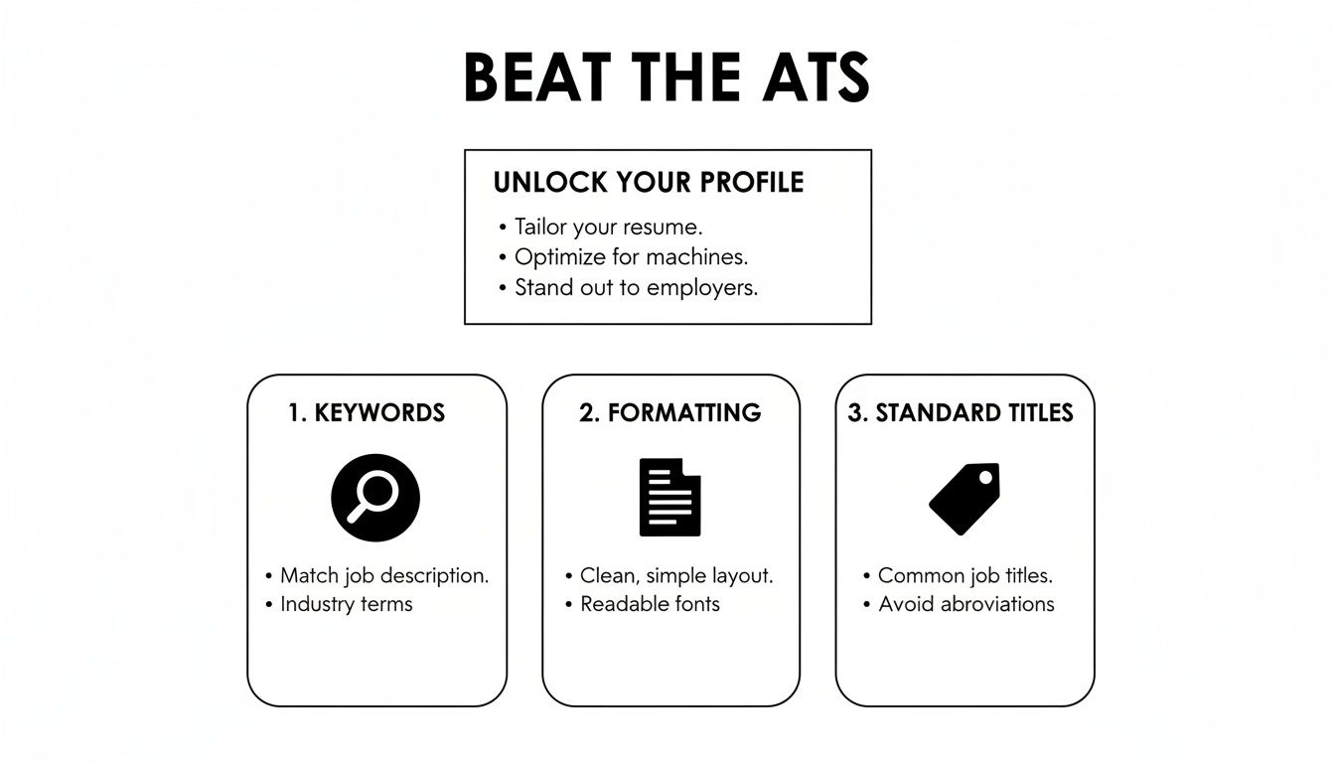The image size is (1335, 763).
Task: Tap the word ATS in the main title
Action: (809, 77)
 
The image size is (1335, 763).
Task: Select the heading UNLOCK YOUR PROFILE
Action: (649, 183)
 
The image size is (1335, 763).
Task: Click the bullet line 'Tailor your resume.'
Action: (608, 227)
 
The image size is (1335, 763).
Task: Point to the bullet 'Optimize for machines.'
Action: (631, 257)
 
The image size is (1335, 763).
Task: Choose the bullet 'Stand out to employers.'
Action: (636, 288)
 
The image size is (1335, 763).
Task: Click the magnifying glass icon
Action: (375, 497)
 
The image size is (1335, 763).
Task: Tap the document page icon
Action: (669, 497)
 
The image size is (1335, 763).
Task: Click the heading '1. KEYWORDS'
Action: (367, 412)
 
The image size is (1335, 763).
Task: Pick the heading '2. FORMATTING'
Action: (670, 412)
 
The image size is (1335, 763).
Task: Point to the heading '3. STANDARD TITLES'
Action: (961, 412)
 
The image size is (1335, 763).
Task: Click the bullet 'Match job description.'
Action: (384, 575)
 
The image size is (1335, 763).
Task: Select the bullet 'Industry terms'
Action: (346, 604)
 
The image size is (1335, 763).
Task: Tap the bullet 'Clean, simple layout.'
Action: (676, 575)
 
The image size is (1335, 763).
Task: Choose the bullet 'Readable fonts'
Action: (650, 604)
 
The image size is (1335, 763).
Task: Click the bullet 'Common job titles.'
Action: (965, 575)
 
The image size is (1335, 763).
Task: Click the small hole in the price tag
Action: (985, 479)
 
